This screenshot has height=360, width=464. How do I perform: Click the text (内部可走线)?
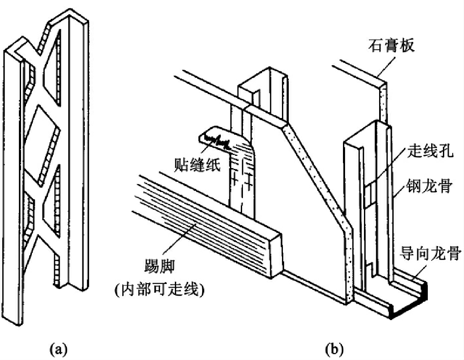click(160, 290)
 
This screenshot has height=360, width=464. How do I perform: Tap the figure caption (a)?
click(58, 348)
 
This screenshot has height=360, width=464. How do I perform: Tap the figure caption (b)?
click(334, 348)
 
